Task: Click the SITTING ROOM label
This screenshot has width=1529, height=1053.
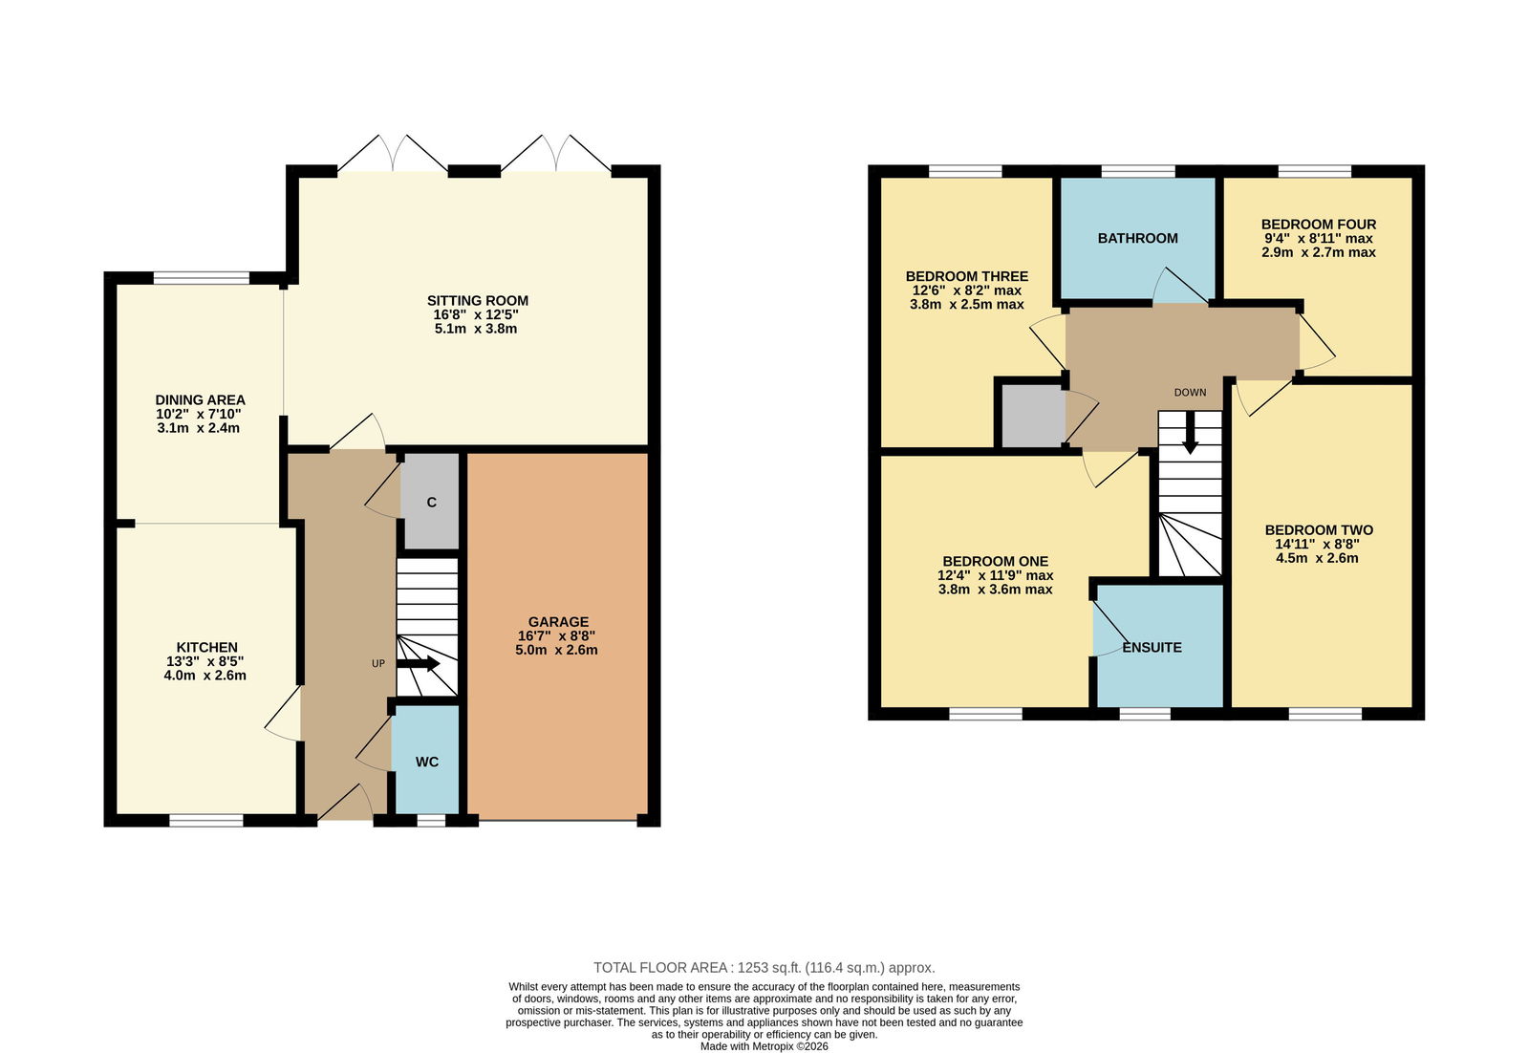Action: coord(478,300)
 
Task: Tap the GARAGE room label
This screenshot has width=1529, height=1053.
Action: coord(558,622)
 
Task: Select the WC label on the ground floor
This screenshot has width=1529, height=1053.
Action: coord(427,762)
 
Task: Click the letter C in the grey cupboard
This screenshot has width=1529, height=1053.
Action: coord(431,503)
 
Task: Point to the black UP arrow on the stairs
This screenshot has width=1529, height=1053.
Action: coord(419,663)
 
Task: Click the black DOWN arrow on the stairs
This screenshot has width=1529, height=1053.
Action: coord(1190,433)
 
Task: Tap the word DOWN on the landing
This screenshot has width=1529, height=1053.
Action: coord(1190,393)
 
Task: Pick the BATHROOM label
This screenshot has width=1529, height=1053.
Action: coord(1137,238)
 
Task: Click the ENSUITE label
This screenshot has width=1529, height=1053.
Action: coord(1152,647)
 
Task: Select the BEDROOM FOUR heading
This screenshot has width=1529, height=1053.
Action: coord(1318,224)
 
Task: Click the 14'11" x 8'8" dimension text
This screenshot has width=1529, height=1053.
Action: coord(1318,544)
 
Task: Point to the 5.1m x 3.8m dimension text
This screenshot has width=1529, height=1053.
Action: coord(476,329)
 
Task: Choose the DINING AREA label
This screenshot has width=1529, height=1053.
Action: coord(200,400)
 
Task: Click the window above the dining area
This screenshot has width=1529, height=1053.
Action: coord(202,278)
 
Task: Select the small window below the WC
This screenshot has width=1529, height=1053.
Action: coord(431,820)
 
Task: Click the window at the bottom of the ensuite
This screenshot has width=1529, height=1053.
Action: coord(1145,714)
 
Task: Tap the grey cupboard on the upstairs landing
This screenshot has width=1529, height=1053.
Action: coord(1033,416)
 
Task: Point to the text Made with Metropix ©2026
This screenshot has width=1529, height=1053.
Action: coord(764,1046)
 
